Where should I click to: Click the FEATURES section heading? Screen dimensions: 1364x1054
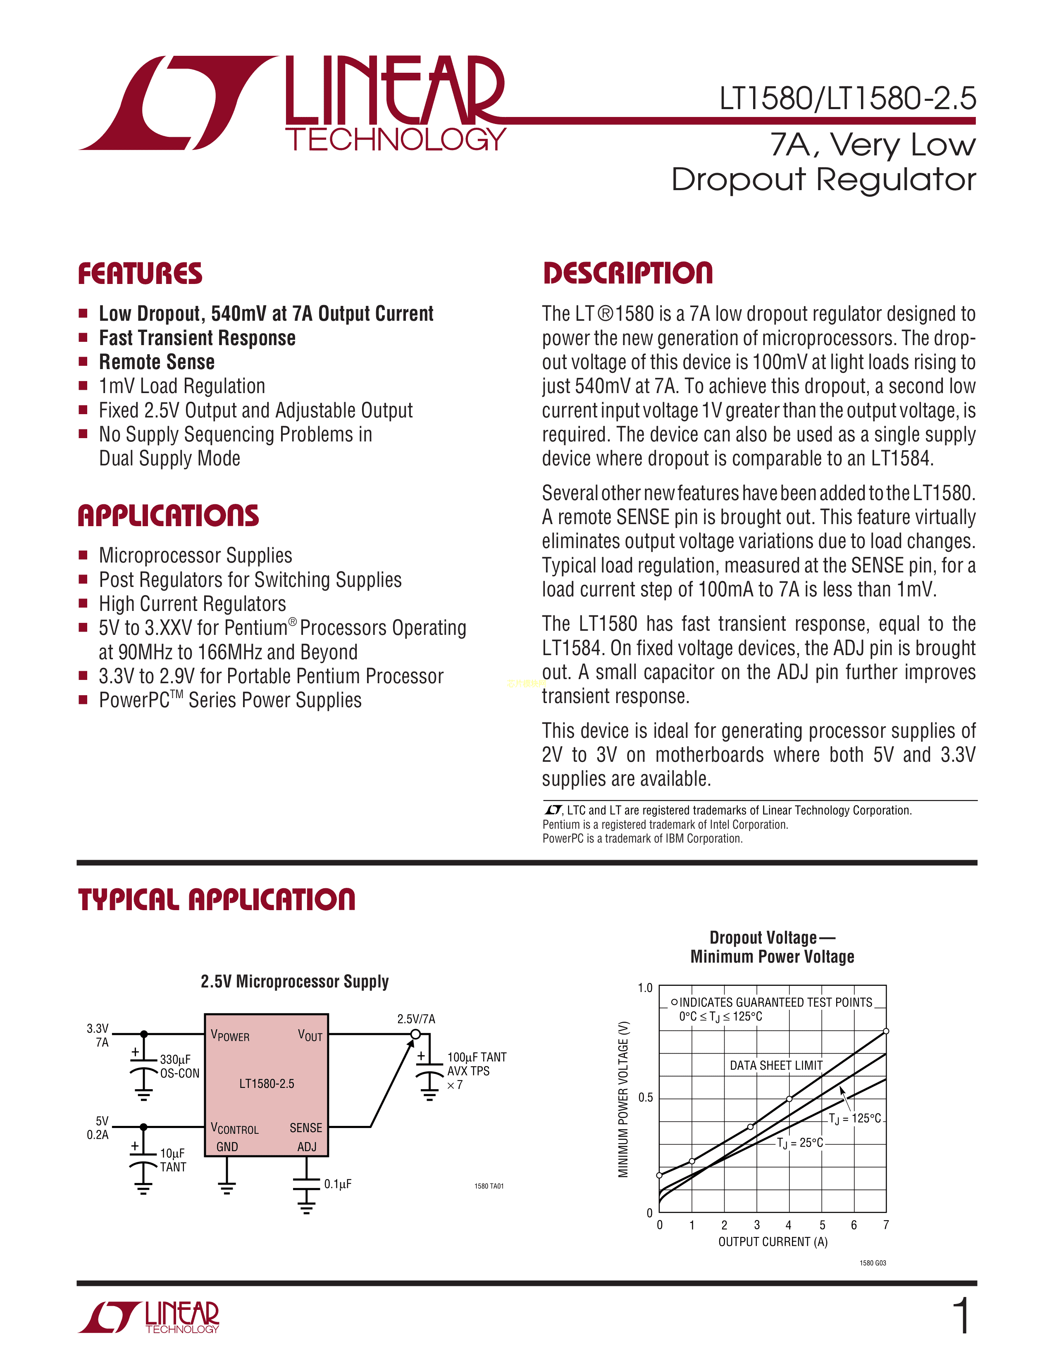point(140,274)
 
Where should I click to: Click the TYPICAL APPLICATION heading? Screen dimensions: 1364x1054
point(216,899)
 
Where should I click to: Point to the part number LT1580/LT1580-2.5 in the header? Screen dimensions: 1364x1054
point(847,99)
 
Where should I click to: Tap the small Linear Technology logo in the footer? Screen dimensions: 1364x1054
point(149,1318)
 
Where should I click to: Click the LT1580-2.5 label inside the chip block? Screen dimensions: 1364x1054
point(267,1084)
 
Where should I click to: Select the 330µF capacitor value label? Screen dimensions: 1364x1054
point(175,1059)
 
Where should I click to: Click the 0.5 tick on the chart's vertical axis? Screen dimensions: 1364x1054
point(645,1097)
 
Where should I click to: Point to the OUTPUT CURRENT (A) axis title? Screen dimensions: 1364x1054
point(773,1242)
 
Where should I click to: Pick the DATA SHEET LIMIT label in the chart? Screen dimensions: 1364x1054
point(776,1066)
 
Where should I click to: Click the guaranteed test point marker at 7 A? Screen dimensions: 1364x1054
point(886,1031)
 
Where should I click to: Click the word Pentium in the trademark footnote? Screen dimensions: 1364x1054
point(561,825)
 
